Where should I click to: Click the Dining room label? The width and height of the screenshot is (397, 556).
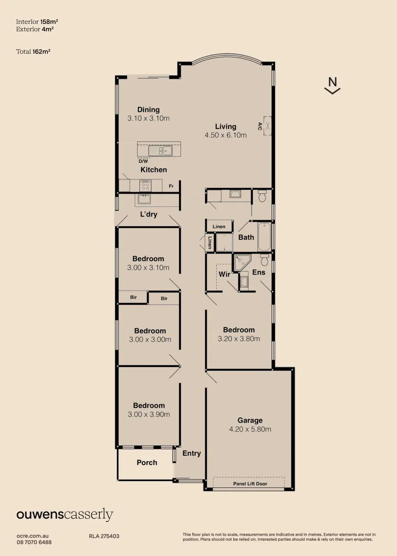tap(149, 109)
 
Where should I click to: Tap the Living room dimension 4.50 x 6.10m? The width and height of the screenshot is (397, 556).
tap(225, 135)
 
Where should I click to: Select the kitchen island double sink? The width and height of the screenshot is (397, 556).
tap(161, 151)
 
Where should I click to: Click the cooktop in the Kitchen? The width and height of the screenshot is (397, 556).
tap(145, 186)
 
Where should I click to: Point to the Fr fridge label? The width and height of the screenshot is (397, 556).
tap(171, 186)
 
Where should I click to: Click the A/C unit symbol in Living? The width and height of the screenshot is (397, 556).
tap(267, 126)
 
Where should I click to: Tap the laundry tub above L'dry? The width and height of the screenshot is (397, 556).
tap(144, 199)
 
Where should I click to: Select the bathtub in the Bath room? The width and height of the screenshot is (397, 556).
tap(264, 237)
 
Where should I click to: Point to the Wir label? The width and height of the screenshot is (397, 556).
tap(224, 274)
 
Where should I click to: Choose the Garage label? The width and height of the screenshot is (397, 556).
tap(250, 420)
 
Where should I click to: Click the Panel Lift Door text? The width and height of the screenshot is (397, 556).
tap(250, 483)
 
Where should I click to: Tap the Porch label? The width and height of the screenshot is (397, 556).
tap(147, 463)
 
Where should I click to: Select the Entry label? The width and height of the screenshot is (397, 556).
tap(191, 453)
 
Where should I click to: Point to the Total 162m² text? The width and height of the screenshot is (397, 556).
tap(33, 52)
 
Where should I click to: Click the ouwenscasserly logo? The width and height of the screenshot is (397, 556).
tap(65, 515)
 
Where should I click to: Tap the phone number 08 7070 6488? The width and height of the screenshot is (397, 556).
tap(34, 542)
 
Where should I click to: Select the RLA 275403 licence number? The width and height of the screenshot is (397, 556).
tap(104, 536)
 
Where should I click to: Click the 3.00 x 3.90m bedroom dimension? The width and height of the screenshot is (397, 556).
tap(149, 414)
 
